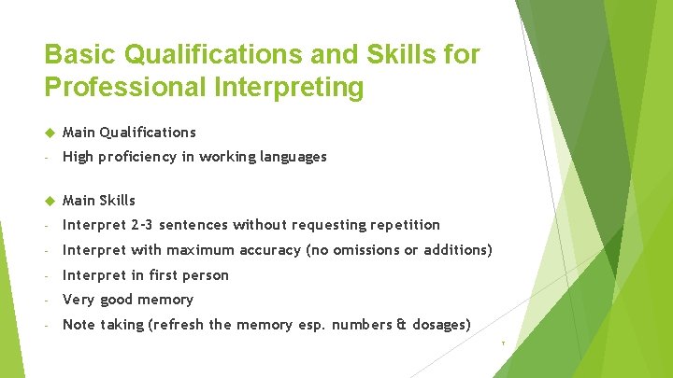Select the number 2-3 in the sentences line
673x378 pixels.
[x=148, y=225]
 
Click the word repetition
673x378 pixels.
[x=404, y=225]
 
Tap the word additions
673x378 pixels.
[x=455, y=250]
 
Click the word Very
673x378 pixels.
[x=78, y=300]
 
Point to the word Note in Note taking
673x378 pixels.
[x=79, y=325]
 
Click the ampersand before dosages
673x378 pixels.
[x=399, y=325]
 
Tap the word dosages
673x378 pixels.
[x=437, y=325]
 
